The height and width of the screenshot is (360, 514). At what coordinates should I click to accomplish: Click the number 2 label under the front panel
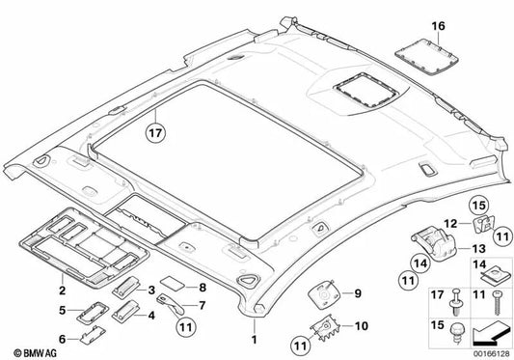(61, 262)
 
